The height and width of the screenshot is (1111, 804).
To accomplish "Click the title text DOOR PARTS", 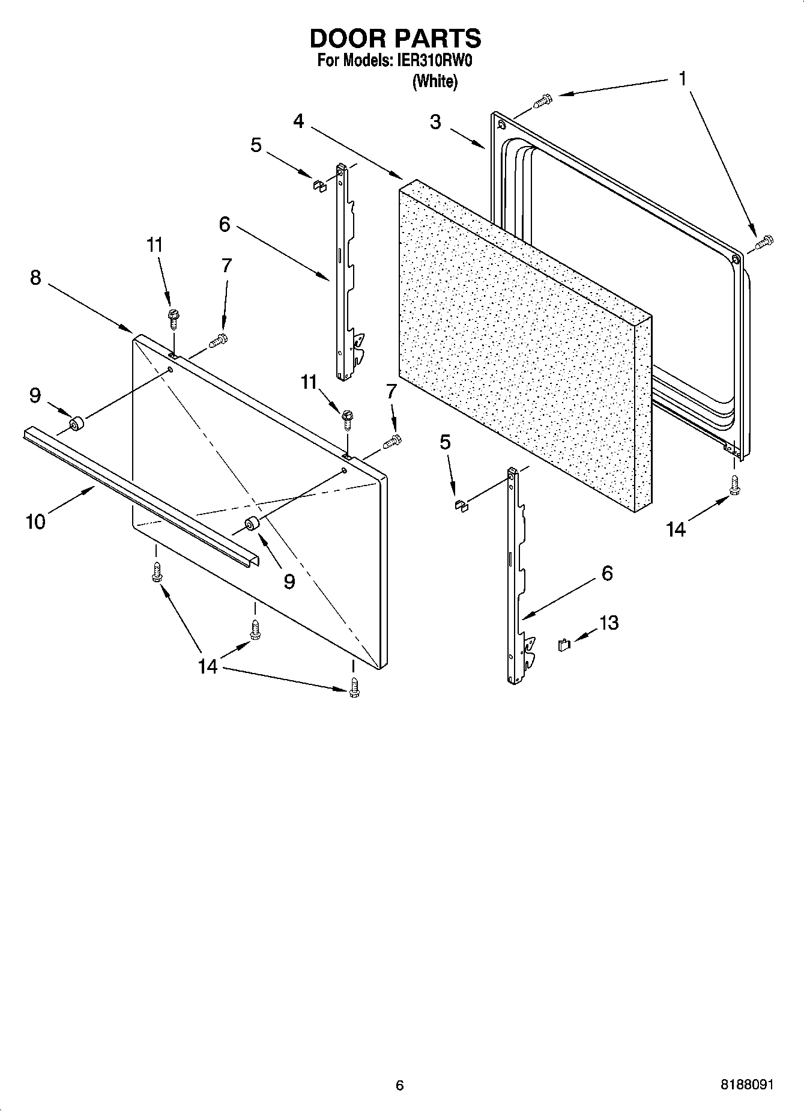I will [x=395, y=38].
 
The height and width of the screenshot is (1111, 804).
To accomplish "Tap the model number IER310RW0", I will [x=431, y=61].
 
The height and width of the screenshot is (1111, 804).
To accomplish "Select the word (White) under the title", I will [x=435, y=81].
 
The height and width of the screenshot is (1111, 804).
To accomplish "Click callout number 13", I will [x=609, y=622].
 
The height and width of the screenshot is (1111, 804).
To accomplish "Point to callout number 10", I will [x=35, y=522].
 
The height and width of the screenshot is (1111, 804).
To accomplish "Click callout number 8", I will [x=35, y=278].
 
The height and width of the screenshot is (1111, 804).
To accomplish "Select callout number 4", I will [x=298, y=121].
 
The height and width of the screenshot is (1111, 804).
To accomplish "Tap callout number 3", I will [x=435, y=122].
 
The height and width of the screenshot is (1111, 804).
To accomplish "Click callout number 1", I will [x=683, y=79].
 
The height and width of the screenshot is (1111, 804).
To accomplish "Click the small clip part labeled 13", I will [x=564, y=645].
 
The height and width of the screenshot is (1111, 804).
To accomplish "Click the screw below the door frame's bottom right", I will [x=733, y=485].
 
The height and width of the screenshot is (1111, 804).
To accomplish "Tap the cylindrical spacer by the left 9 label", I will [x=76, y=424].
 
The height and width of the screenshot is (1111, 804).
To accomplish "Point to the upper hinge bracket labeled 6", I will [x=345, y=270].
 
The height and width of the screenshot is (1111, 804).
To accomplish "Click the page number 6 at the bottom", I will [x=400, y=1085].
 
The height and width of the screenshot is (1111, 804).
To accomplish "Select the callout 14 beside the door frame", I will [x=676, y=529].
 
